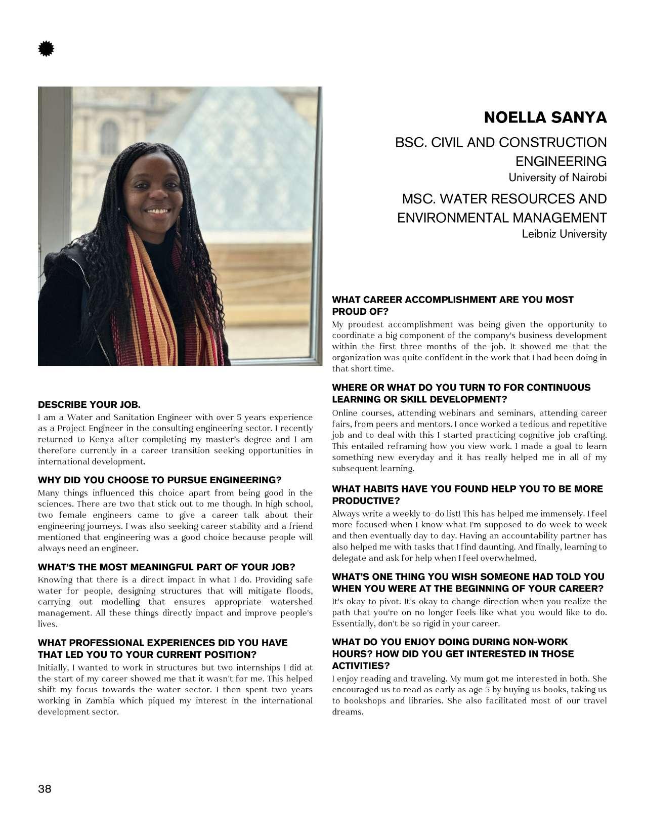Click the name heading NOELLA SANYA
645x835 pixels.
545,117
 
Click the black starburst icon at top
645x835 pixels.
46,49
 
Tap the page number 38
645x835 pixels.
45,788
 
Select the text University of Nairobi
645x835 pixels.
557,178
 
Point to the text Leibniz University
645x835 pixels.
564,234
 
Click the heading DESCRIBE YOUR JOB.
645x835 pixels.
89,404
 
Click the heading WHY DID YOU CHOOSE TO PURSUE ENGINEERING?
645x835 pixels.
159,480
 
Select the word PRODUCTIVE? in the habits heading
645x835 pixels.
366,500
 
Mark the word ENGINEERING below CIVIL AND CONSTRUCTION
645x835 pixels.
561,161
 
